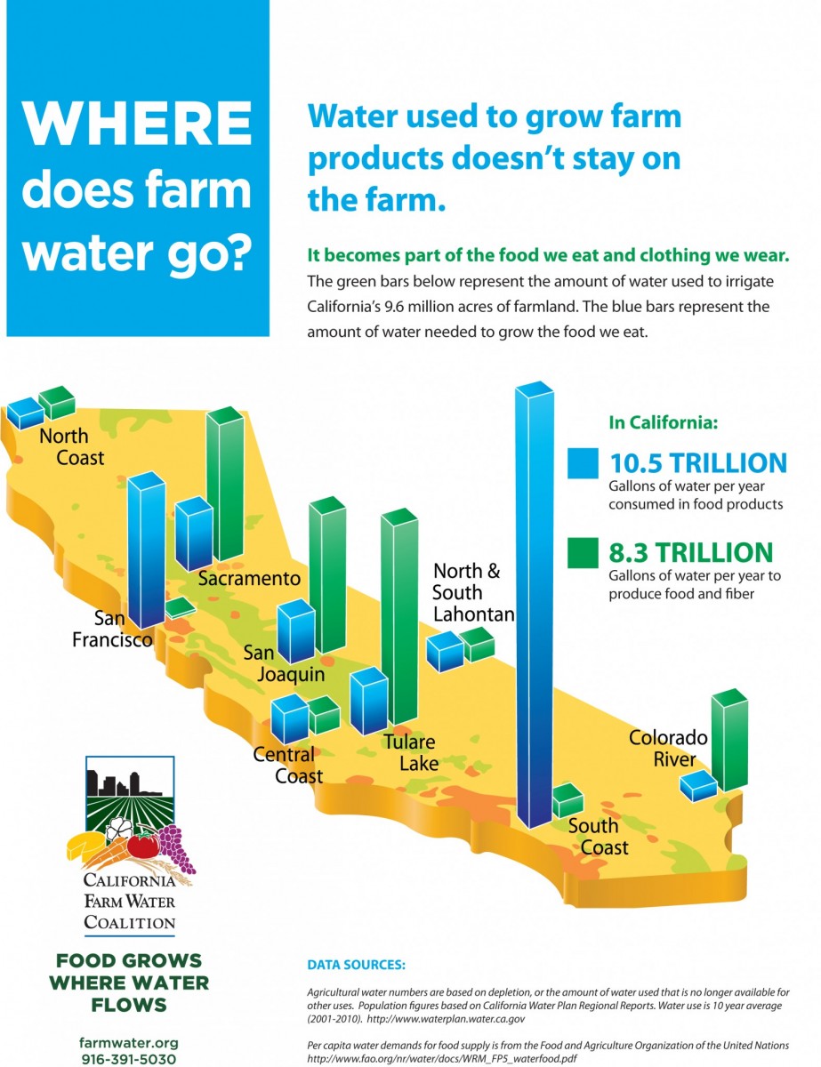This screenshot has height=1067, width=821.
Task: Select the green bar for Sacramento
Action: pos(225,484)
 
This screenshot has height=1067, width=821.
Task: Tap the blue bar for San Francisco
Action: pos(147,550)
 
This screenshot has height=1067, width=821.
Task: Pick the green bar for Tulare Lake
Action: pos(399,616)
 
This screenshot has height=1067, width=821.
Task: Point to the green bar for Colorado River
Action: pos(729,740)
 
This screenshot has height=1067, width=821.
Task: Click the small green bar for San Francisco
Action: pos(181,607)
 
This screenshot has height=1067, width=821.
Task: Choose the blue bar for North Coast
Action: pos(26,413)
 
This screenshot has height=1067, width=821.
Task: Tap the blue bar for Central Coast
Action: pos(290,718)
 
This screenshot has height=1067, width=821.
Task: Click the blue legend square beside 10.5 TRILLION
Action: pos(583,463)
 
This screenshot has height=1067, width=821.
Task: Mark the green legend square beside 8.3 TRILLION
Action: pos(583,553)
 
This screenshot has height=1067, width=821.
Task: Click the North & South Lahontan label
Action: pos(473,593)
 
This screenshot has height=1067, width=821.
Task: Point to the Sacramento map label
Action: pos(249,579)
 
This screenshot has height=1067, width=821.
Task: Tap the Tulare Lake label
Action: pos(411,752)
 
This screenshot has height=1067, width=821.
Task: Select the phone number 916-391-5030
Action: pos(129,1059)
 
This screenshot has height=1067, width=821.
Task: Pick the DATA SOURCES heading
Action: pos(357,965)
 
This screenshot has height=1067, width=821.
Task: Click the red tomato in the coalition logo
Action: pos(143,844)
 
